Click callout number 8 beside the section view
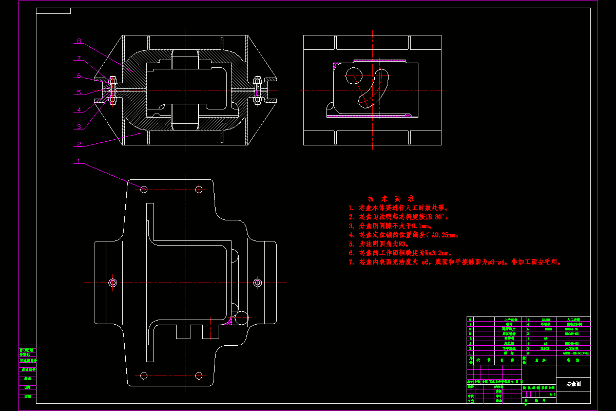(x=79, y=41)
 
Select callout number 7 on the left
(x=79, y=58)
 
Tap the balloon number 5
(x=79, y=93)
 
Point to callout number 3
(x=79, y=126)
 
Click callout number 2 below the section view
(x=79, y=144)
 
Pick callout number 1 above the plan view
(x=78, y=162)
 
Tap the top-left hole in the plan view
(x=144, y=190)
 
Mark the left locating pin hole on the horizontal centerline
(x=113, y=282)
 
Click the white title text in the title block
(x=573, y=384)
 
